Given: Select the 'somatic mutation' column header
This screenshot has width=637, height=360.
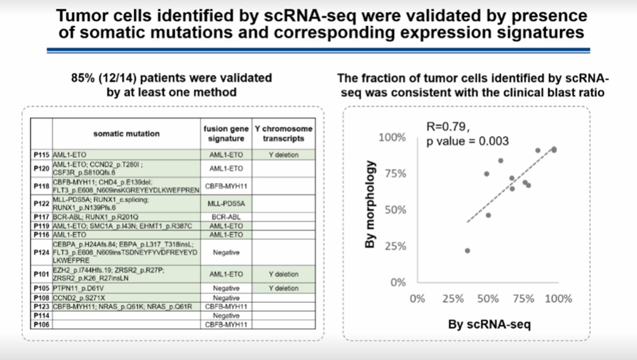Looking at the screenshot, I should (126, 134).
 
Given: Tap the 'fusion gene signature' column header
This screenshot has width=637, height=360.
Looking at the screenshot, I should (227, 134).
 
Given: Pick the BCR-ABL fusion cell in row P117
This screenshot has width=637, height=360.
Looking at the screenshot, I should (227, 217).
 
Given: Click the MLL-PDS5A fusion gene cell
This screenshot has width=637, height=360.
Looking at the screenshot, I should (227, 203).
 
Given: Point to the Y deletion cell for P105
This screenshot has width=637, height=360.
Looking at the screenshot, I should (283, 288).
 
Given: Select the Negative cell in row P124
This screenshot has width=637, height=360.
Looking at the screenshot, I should (227, 252).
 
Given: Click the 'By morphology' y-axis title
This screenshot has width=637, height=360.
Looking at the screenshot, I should (372, 204).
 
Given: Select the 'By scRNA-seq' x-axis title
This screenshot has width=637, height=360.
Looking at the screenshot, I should (489, 324).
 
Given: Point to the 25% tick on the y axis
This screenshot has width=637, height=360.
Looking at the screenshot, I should (394, 246).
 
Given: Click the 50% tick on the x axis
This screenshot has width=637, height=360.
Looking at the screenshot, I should (487, 298).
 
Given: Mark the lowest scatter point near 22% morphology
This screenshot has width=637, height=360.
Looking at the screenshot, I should (467, 251).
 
